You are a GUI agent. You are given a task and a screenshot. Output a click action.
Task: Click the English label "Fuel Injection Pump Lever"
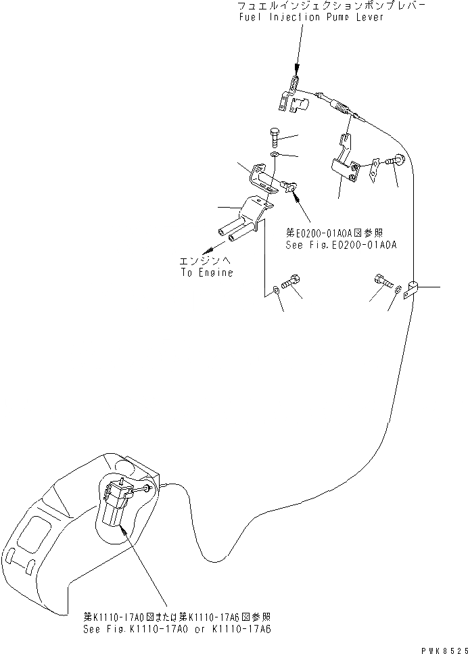click(310, 17)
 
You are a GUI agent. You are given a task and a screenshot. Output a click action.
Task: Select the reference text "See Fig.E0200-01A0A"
click(340, 245)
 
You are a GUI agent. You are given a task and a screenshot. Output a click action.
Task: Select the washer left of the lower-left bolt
click(275, 291)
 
